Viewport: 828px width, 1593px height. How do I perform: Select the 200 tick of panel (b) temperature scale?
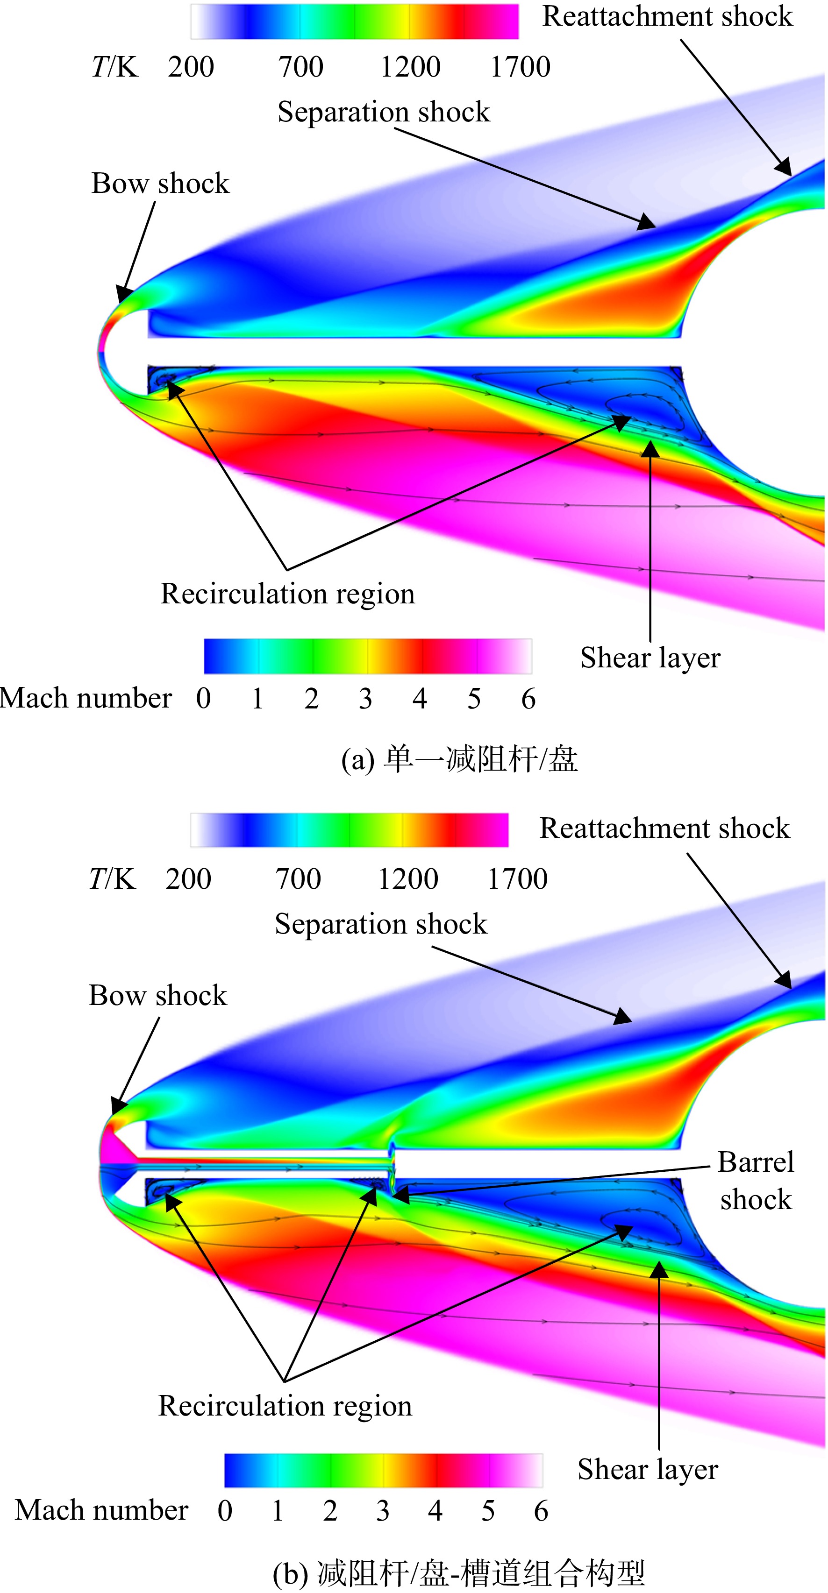(188, 879)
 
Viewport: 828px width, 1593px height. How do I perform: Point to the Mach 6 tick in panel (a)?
(528, 699)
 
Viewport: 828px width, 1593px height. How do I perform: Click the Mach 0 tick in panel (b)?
(225, 1511)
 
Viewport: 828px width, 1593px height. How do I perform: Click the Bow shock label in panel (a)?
(160, 184)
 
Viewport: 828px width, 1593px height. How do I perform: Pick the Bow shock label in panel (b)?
(158, 996)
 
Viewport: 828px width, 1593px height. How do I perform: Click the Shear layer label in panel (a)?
(650, 658)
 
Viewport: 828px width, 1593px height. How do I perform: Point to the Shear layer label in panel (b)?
(648, 1469)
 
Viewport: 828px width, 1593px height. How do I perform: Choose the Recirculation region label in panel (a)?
(288, 594)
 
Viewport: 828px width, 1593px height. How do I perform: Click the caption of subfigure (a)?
(459, 759)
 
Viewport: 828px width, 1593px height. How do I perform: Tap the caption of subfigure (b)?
(458, 1574)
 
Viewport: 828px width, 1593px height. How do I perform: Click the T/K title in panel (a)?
(114, 67)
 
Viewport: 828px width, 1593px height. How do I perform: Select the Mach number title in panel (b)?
(101, 1510)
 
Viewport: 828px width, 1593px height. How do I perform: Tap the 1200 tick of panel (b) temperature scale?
(408, 879)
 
